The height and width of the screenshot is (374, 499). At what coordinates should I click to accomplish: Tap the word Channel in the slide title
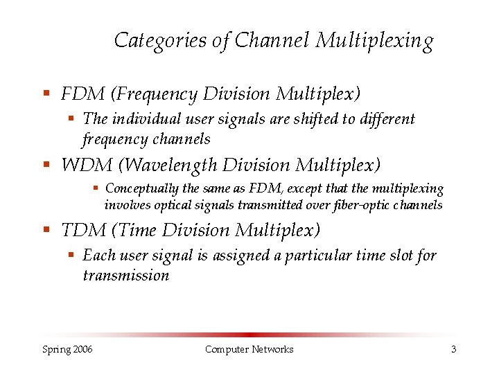pos(272,40)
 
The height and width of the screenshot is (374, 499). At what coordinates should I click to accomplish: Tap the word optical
pos(174,204)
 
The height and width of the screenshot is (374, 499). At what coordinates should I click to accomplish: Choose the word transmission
pos(125,275)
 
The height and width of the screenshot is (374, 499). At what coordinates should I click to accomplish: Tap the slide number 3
pos(453,349)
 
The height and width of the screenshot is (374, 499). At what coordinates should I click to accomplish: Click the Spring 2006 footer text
pos(67,349)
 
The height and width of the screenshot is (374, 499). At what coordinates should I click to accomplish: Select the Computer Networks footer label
pos(249,349)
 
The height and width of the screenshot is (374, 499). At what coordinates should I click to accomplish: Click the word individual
pos(143,118)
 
